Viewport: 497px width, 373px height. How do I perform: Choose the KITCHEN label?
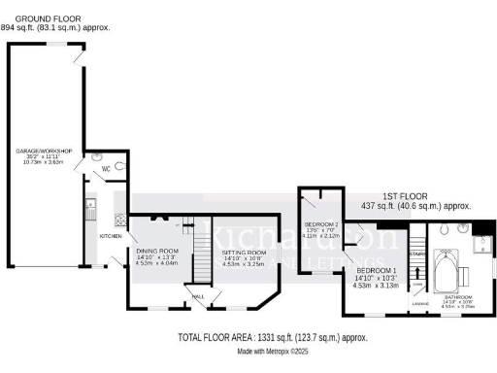111,236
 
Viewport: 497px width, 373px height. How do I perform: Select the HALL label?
197,297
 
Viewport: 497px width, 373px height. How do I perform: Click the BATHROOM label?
458,296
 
